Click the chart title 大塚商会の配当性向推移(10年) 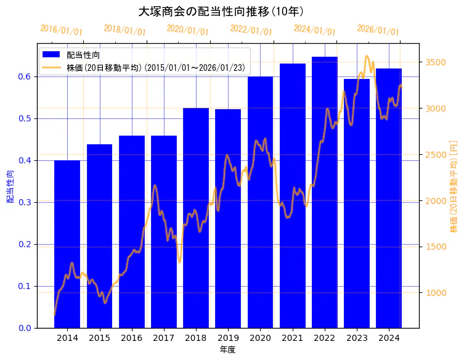click(221, 11)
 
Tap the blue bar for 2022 click(325, 192)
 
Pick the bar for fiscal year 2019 click(228, 218)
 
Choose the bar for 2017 click(164, 231)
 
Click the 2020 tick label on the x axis click(260, 338)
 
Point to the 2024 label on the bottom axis click(389, 338)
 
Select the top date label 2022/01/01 click(251, 30)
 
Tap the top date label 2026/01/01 click(378, 30)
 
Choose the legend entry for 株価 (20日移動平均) click(158, 67)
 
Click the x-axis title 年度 click(228, 350)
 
